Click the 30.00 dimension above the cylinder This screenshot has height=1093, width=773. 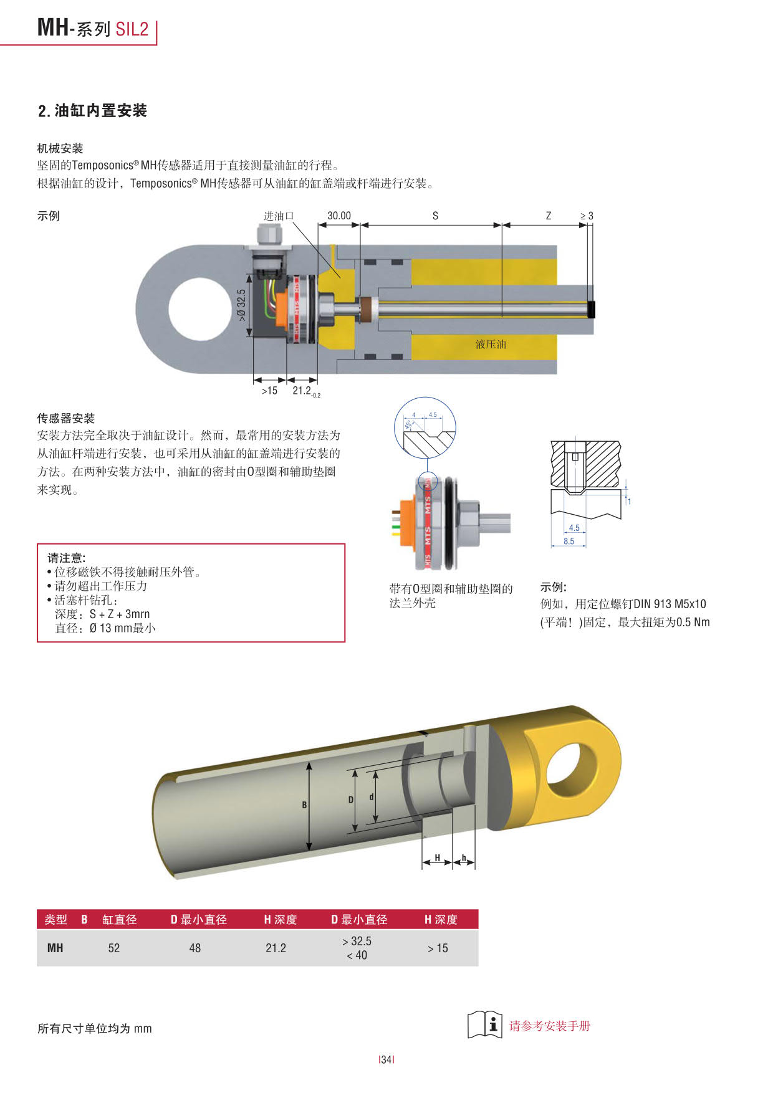(339, 216)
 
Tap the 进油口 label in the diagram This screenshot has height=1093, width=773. (278, 216)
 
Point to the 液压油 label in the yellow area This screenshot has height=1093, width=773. (491, 344)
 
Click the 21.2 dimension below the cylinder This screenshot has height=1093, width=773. (302, 391)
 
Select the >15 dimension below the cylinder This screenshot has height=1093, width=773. (269, 391)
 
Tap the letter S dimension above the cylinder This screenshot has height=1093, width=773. (435, 216)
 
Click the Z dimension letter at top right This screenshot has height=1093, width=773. (549, 216)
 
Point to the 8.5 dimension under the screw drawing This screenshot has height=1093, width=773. (569, 541)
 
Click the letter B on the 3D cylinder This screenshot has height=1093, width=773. (304, 805)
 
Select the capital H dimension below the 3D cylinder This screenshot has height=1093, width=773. (438, 857)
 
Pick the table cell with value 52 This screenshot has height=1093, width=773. (113, 948)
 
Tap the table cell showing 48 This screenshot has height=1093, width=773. (194, 948)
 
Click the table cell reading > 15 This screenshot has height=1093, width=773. (438, 948)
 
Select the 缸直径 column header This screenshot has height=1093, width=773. (120, 919)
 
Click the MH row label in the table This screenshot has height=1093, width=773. (55, 948)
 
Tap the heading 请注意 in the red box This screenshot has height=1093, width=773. (67, 558)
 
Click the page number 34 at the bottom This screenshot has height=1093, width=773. (386, 1059)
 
